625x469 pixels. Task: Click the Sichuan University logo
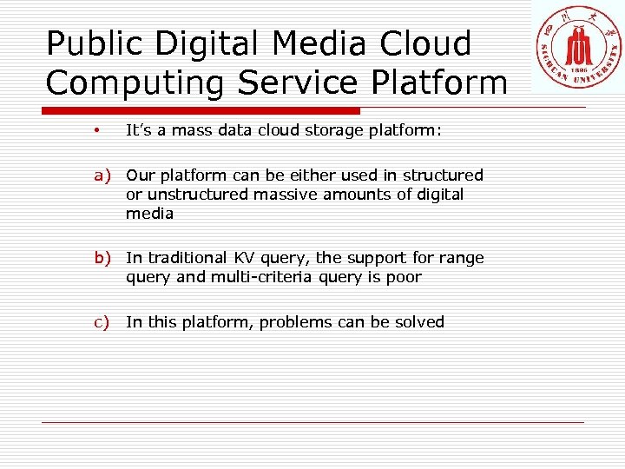pyautogui.click(x=577, y=47)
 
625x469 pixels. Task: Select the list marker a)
pyautogui.click(x=104, y=175)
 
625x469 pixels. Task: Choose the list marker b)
pyautogui.click(x=104, y=258)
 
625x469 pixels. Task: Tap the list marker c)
pyautogui.click(x=103, y=322)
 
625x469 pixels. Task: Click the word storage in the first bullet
pyautogui.click(x=342, y=131)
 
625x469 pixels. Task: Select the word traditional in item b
pyautogui.click(x=185, y=258)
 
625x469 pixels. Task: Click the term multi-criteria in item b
pyautogui.click(x=263, y=278)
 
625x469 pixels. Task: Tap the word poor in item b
pyautogui.click(x=405, y=278)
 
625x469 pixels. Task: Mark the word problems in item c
pyautogui.click(x=296, y=322)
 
